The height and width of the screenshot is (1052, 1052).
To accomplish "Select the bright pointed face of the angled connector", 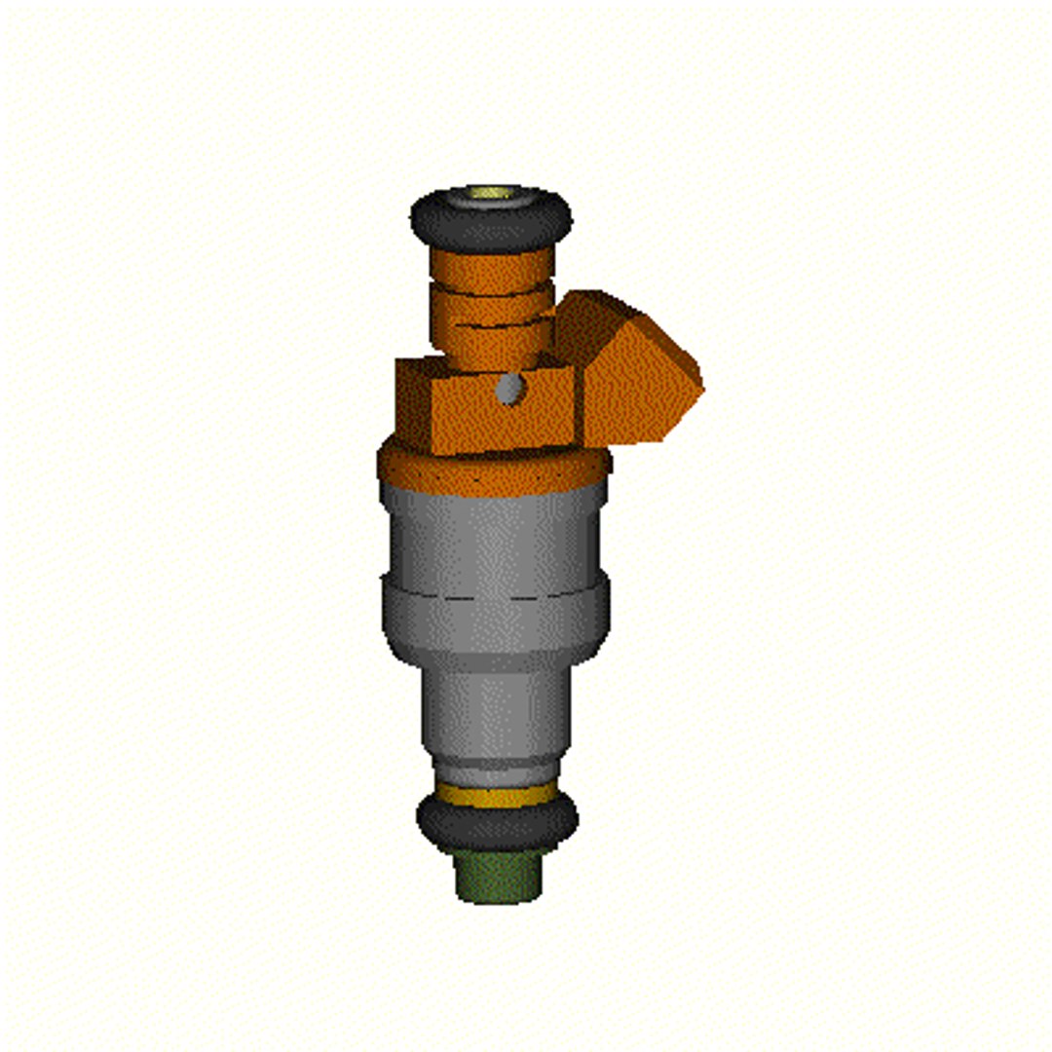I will coord(638,385).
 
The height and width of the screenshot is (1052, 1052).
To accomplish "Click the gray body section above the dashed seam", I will coord(495,541).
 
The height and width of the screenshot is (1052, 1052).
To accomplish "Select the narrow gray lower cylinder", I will coord(495,711).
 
